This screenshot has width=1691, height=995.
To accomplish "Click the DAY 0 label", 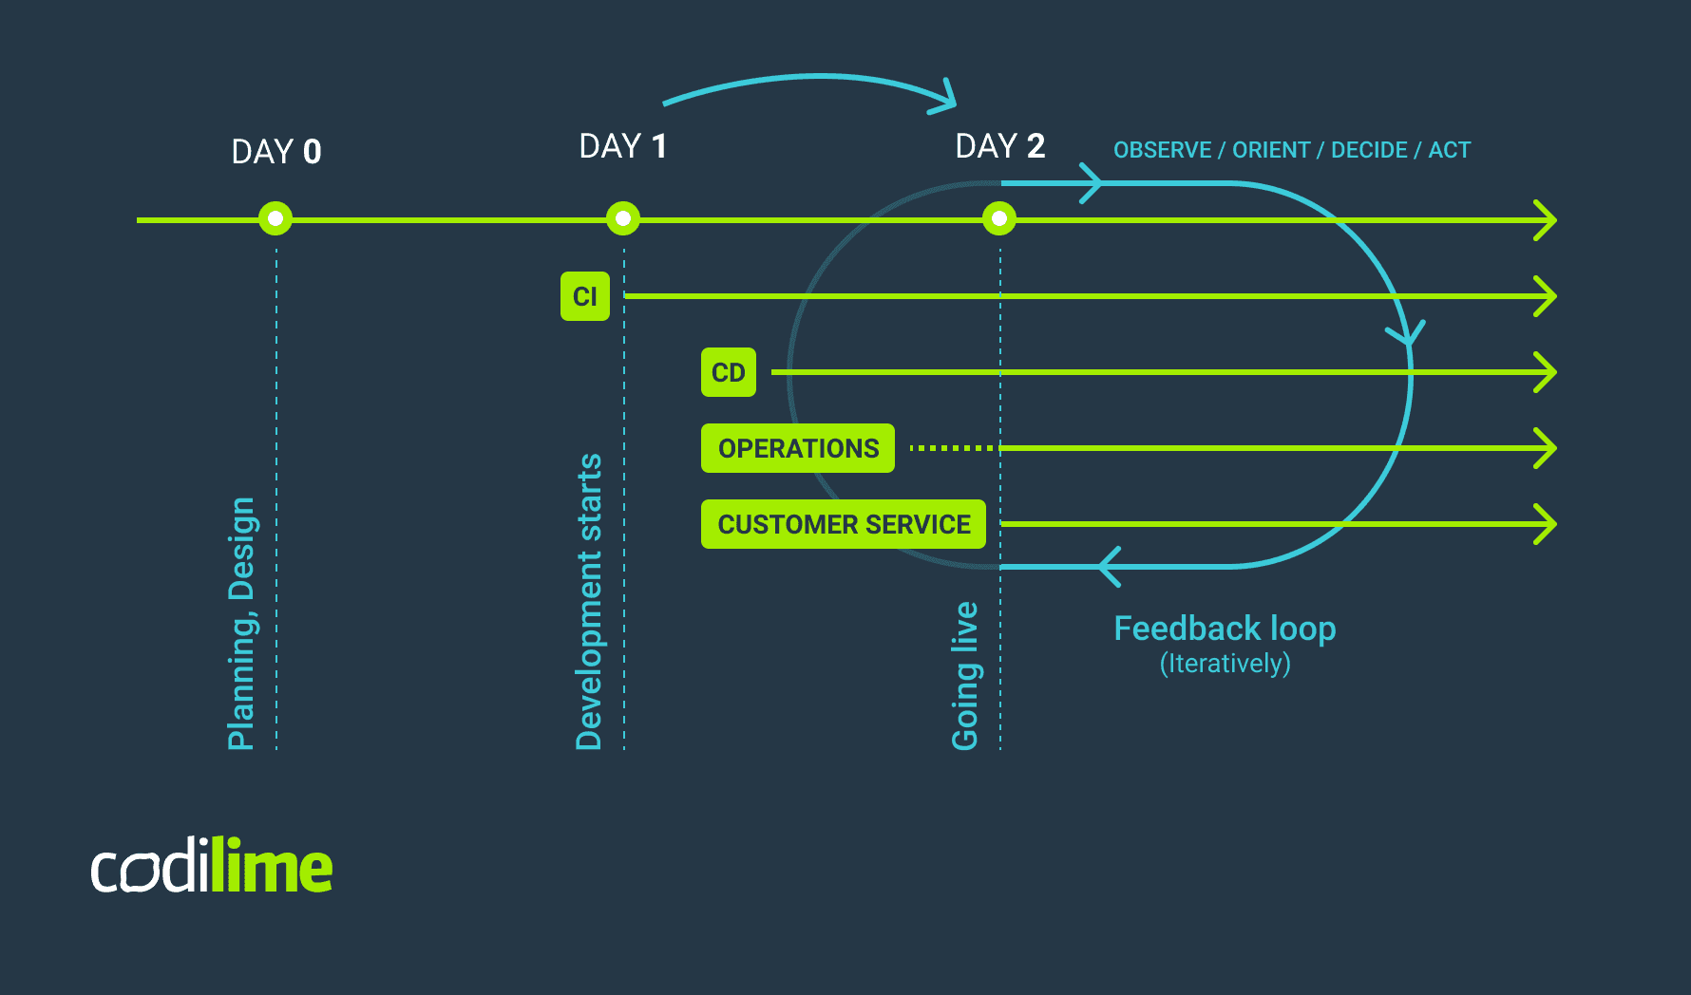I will (276, 152).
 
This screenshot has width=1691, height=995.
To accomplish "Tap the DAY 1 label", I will (623, 146).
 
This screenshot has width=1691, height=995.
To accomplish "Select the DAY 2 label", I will (1000, 146).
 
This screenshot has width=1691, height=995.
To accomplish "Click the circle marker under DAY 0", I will (275, 219).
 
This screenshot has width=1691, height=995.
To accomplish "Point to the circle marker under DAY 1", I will (623, 219).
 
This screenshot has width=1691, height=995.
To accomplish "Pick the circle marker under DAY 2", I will (999, 219).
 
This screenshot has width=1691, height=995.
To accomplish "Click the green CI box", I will (585, 296).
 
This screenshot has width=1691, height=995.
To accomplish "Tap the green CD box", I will (729, 372).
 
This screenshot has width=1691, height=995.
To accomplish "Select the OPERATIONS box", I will (798, 448).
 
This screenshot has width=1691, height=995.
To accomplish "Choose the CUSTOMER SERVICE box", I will (844, 524).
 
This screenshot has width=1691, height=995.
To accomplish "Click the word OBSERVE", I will (1162, 150).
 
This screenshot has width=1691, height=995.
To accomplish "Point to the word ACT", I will (1450, 150).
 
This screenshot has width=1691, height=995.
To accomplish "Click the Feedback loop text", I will (1225, 629).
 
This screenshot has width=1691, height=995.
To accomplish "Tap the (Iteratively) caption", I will (1225, 664).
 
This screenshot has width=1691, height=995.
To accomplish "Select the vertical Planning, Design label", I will (241, 623).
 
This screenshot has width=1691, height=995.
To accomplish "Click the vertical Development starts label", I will (589, 602).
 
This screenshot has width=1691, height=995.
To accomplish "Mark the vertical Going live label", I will (965, 676).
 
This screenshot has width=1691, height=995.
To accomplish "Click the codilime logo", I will (212, 866).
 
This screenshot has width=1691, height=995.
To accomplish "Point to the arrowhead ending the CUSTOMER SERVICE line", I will (1547, 524).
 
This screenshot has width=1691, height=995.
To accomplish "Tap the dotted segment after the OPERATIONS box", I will (950, 448).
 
